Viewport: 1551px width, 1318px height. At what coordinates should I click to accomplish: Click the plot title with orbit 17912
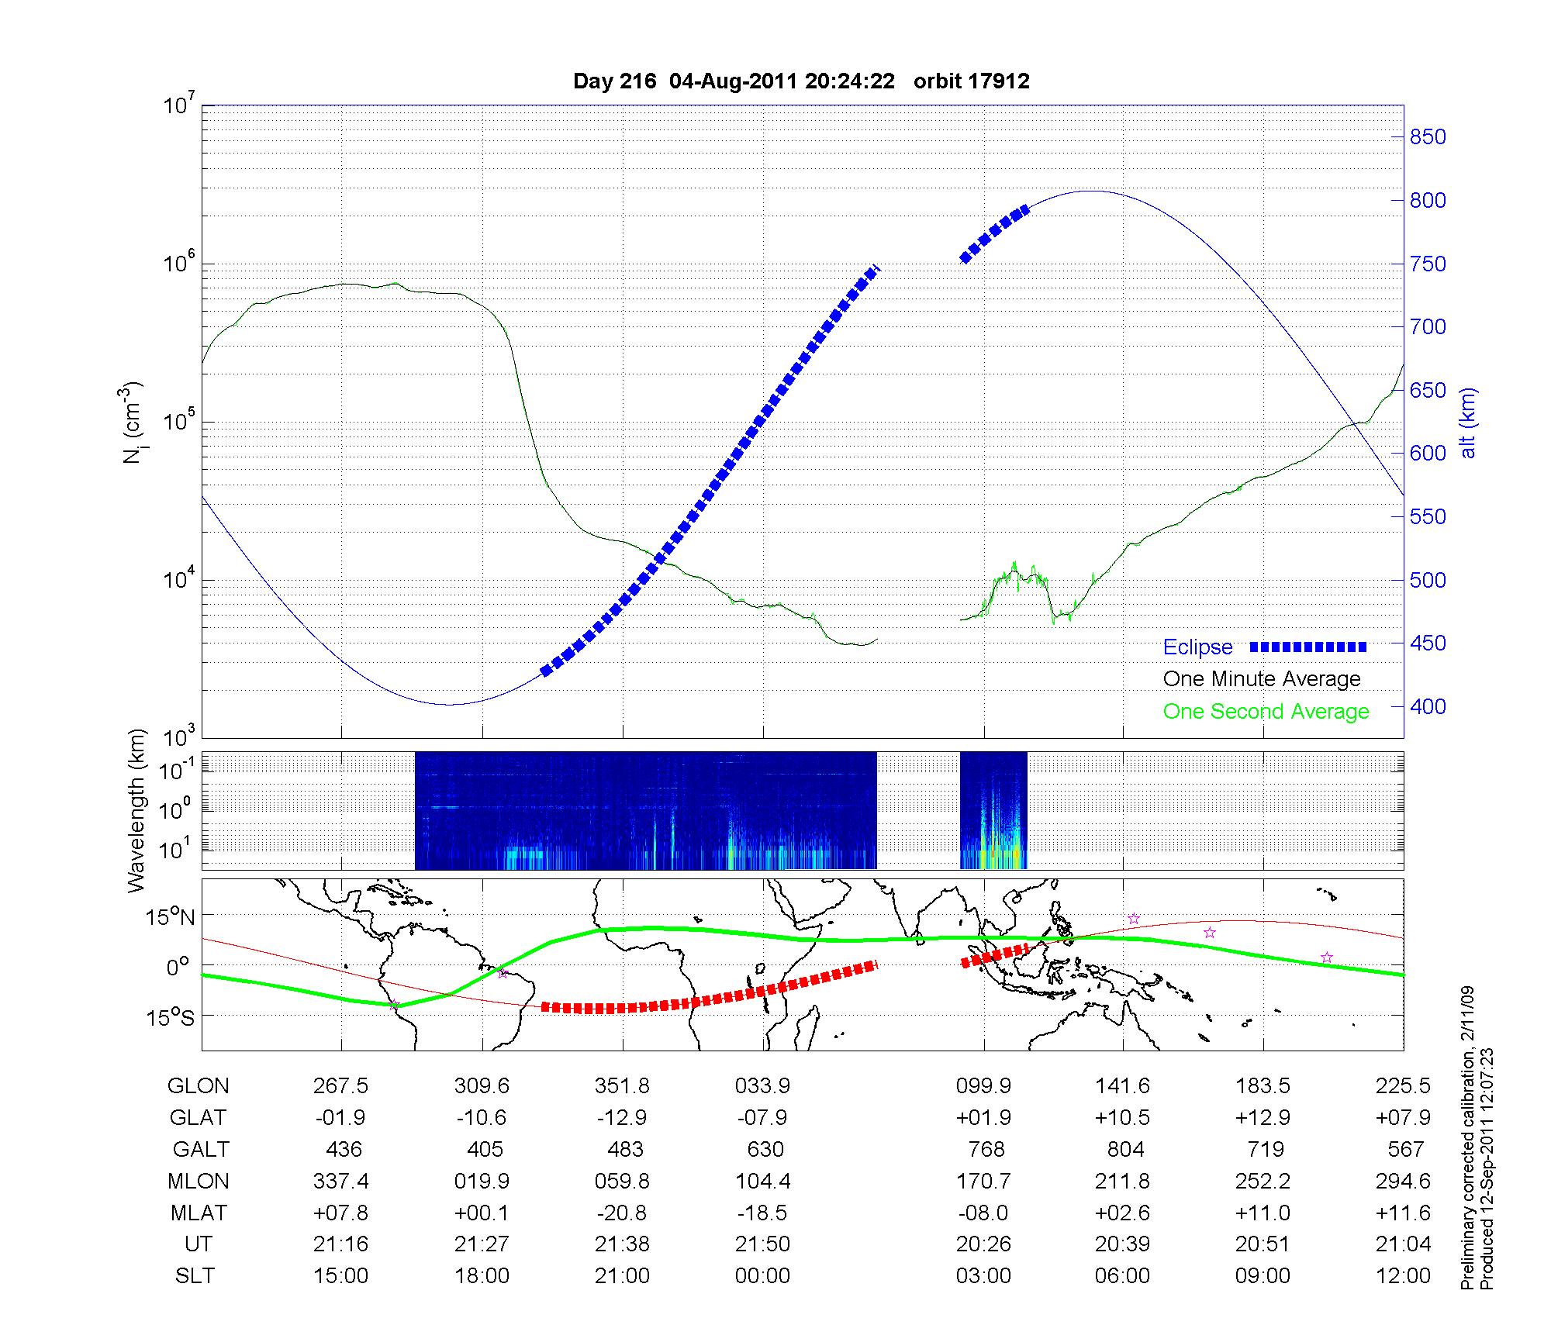pyautogui.click(x=801, y=81)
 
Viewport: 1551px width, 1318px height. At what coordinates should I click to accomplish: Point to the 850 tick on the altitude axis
pyautogui.click(x=1428, y=137)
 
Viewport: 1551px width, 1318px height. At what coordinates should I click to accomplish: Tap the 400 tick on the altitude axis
pyautogui.click(x=1428, y=706)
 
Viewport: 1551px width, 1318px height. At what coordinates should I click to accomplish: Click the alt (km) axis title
pyautogui.click(x=1469, y=422)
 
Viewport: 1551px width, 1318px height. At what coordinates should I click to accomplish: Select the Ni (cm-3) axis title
pyautogui.click(x=132, y=422)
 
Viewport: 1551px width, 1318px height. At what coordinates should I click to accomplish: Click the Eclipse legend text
pyautogui.click(x=1197, y=647)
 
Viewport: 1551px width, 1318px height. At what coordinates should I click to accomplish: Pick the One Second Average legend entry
pyautogui.click(x=1266, y=711)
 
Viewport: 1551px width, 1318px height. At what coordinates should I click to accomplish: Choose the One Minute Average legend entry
pyautogui.click(x=1262, y=679)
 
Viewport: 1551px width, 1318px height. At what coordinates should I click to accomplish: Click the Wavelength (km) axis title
pyautogui.click(x=137, y=811)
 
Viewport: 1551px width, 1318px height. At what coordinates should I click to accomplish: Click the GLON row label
pyautogui.click(x=198, y=1086)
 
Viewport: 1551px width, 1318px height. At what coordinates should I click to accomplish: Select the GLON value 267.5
pyautogui.click(x=340, y=1086)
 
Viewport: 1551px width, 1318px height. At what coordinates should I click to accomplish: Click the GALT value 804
pyautogui.click(x=1125, y=1149)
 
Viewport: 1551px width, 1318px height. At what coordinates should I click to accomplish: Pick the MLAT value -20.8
pyautogui.click(x=622, y=1213)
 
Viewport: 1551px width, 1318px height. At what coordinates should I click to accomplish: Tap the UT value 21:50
pyautogui.click(x=762, y=1244)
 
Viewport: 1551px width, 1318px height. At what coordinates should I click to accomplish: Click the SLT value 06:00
pyautogui.click(x=1122, y=1276)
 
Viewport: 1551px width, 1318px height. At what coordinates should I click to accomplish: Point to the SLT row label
pyautogui.click(x=195, y=1276)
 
